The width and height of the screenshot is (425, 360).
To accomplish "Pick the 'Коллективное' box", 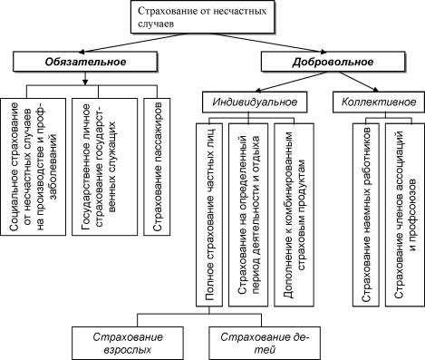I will point(373,102).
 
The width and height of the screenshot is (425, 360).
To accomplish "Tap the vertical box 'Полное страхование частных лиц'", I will point(207,214).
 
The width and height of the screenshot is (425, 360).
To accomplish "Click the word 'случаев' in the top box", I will point(158,27).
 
